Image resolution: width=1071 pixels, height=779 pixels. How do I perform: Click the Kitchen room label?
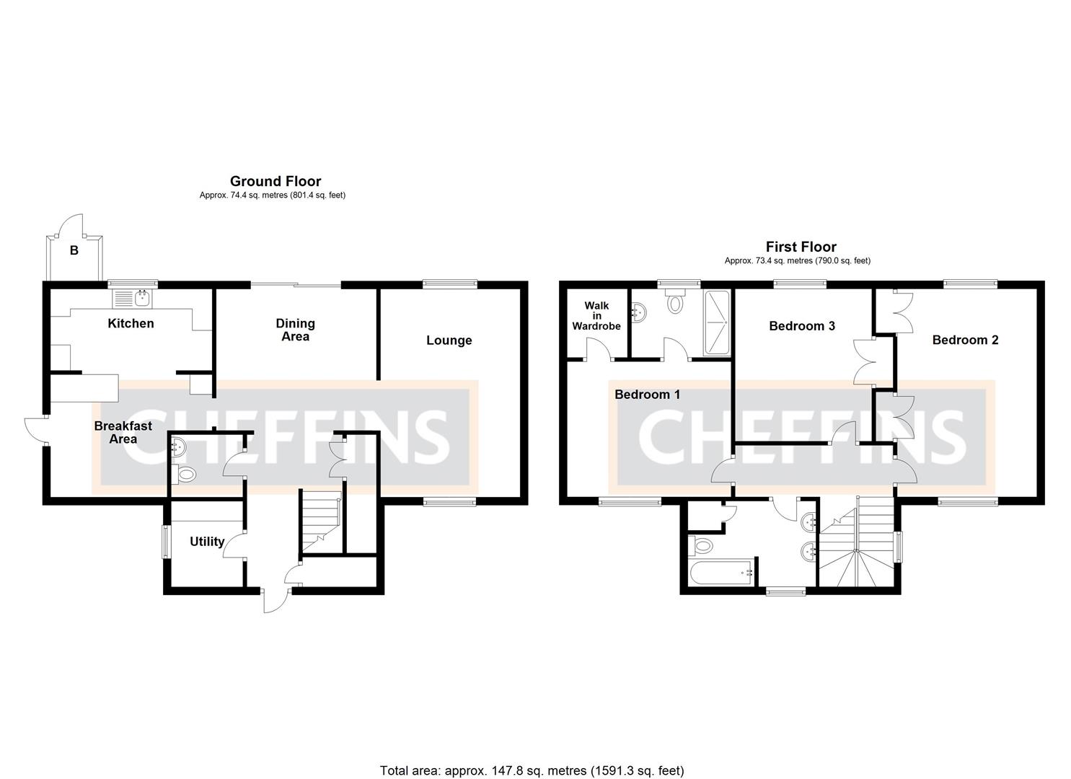pos(131,323)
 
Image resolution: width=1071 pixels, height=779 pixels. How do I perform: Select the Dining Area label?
pos(295,330)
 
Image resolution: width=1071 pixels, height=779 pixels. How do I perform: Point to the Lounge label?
pos(449,340)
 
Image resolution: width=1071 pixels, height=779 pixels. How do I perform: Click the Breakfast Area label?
pos(123,432)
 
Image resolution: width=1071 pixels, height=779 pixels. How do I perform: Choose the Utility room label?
pos(207,542)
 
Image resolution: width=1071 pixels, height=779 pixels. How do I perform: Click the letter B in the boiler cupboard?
pos(74,251)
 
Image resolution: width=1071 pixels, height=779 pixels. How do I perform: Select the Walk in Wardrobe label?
pos(596,316)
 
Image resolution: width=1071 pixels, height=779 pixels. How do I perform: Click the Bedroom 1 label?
pos(647,395)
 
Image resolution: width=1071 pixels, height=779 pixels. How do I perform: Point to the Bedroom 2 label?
pos(965,340)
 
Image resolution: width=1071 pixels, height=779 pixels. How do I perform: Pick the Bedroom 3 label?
pos(801,326)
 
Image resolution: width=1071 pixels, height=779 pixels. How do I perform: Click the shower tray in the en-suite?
pos(716,322)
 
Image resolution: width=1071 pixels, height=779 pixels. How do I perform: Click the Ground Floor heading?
pos(275,181)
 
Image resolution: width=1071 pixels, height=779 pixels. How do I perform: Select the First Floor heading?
pos(801,247)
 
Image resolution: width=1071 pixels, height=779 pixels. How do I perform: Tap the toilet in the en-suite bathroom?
pos(676,302)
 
